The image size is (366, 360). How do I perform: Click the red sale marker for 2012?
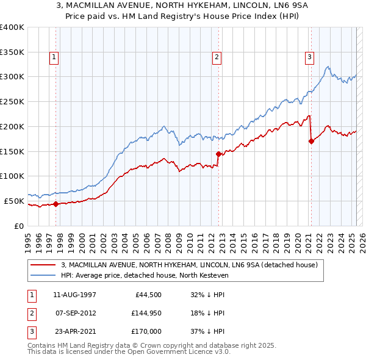pos(219,154)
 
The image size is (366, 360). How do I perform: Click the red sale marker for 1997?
pos(56,204)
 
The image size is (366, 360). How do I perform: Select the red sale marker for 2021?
pos(311,141)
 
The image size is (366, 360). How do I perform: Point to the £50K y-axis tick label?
pos(14,201)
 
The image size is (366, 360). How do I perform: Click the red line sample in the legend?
pos(42,265)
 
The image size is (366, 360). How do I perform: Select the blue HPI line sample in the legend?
pos(42,275)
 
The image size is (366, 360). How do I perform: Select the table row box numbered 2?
pos(31,313)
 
